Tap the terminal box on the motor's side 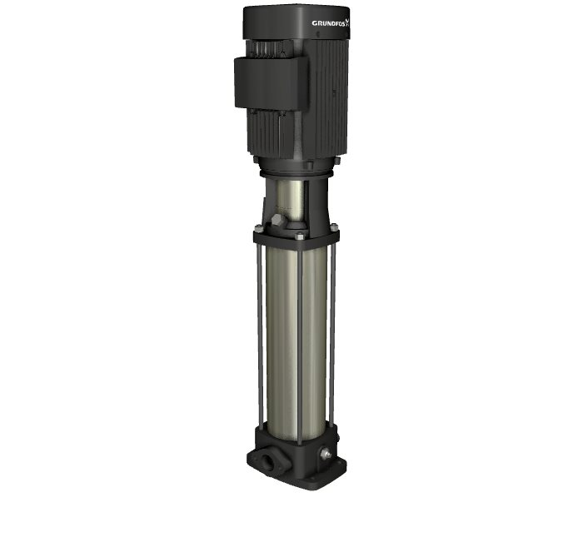click(x=271, y=83)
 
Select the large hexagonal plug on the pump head click(x=279, y=221)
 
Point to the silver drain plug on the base click(x=326, y=454)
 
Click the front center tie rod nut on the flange click(x=299, y=236)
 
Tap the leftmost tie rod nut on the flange click(x=258, y=227)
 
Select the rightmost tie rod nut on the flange click(x=334, y=226)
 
